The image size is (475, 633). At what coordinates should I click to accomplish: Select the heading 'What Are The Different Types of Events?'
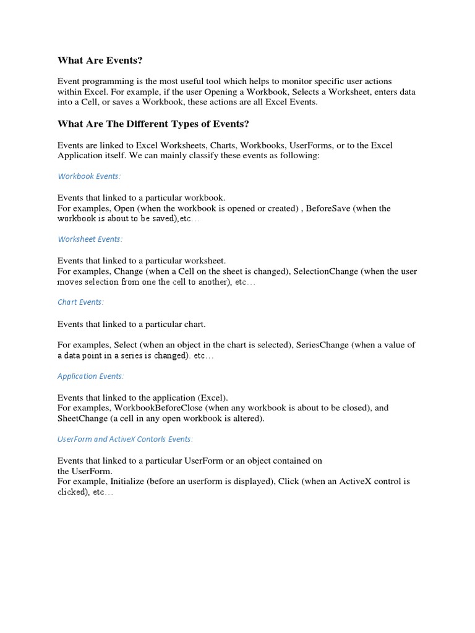click(x=153, y=124)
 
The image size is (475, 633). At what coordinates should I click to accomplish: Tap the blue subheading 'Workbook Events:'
click(x=89, y=176)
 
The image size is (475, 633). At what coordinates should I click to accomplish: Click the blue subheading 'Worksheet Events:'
click(x=90, y=239)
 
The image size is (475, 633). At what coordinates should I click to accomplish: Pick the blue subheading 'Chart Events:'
click(x=80, y=302)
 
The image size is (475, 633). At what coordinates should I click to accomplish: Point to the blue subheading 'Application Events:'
click(x=91, y=376)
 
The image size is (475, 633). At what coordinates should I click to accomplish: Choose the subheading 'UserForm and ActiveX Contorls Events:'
click(x=125, y=439)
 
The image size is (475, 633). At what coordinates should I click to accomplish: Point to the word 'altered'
click(x=247, y=418)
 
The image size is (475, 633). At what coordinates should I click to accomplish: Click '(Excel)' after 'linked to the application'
click(x=213, y=397)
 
